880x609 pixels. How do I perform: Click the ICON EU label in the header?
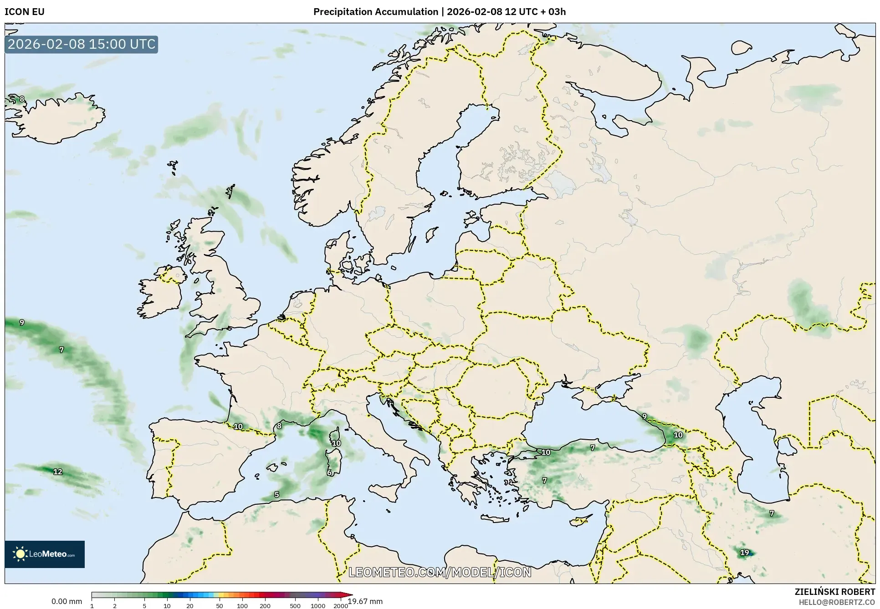(25, 12)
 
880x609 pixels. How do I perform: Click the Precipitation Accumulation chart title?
(439, 12)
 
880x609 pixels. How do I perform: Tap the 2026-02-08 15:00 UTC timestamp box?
(82, 44)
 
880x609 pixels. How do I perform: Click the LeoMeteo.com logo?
(45, 554)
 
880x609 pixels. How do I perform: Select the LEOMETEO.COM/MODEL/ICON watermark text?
(440, 572)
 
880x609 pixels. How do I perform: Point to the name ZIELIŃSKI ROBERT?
(834, 592)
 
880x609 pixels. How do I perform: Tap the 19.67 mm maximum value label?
(366, 601)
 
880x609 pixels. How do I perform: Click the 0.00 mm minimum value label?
(67, 601)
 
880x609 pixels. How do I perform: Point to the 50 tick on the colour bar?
(220, 606)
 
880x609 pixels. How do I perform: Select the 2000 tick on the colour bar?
(340, 606)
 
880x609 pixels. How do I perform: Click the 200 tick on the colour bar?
(265, 606)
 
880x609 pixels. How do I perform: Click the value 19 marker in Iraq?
(744, 553)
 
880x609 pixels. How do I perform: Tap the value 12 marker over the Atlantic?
(58, 472)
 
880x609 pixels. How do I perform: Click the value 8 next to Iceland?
(22, 99)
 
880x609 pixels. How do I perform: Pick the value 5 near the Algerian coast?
(276, 495)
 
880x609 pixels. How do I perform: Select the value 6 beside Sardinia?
(330, 473)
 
